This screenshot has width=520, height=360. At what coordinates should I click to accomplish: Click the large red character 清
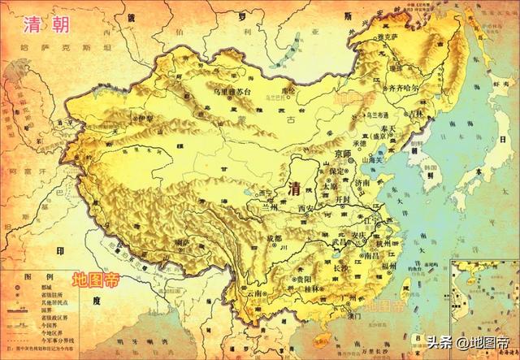tap(297, 188)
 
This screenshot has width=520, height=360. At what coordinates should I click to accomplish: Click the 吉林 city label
tap(416, 115)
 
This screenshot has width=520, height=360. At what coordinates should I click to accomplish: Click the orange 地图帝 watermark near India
tap(97, 279)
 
